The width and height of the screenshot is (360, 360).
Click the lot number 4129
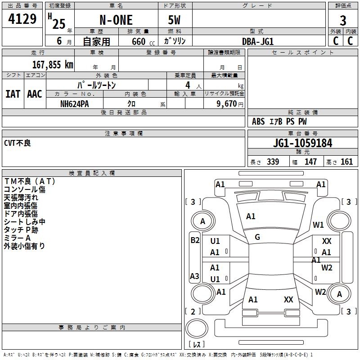point(22,18)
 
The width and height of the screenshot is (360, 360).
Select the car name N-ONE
point(116,20)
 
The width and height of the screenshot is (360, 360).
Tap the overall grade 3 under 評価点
point(343,21)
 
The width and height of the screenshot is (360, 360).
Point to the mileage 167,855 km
point(53,65)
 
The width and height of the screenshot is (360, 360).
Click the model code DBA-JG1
point(258,41)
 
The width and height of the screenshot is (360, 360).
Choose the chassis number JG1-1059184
point(302,143)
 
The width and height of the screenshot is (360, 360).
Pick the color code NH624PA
point(74,104)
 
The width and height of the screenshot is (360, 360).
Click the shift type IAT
point(13,94)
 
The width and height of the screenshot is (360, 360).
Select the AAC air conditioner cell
point(35,94)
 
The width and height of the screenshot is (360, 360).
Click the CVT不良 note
point(18,143)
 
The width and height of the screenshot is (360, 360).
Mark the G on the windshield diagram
point(257,237)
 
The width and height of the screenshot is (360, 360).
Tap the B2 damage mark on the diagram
point(195,240)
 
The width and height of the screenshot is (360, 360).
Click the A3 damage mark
point(194,276)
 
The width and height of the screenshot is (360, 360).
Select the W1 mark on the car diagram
point(318,225)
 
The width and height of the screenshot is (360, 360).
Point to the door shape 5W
point(174,20)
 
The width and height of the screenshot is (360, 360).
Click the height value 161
point(346,162)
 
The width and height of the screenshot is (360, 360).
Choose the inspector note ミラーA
point(17,238)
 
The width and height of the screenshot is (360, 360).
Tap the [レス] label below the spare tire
point(197,344)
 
